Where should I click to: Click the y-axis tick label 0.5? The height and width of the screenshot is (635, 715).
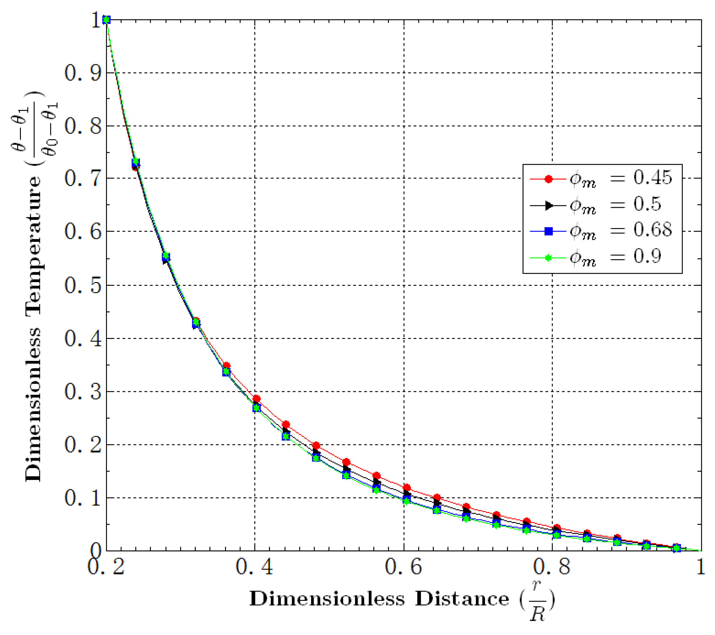[x=83, y=285]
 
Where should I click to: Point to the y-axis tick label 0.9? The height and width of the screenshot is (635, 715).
[x=83, y=73]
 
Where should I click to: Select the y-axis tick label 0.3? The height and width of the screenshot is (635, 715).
[x=83, y=391]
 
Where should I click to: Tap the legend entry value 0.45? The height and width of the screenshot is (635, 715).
[x=653, y=178]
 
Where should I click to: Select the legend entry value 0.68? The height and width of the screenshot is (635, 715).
[x=653, y=230]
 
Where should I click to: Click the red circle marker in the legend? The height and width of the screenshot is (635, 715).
[x=549, y=179]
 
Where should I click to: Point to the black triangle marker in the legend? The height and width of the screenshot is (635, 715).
[x=549, y=205]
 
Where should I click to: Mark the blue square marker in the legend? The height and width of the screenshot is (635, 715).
[x=549, y=231]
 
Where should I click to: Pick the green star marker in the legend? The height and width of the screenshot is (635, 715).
[x=549, y=258]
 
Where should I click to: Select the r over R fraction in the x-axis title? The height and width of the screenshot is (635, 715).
[x=537, y=600]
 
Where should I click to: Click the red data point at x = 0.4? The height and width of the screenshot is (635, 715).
[x=257, y=399]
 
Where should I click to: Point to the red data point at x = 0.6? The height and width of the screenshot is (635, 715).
[x=406, y=487]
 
